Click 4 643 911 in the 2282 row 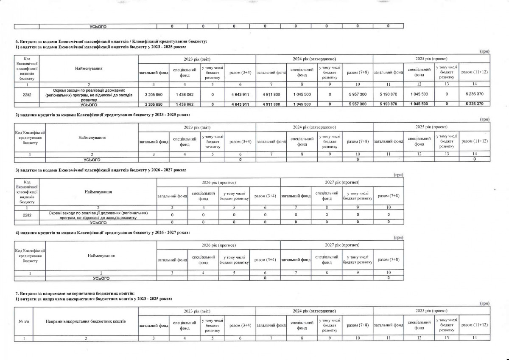(240, 93)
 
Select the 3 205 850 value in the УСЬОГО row (154, 104)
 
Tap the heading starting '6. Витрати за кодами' (111, 41)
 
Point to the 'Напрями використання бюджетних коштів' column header (86, 321)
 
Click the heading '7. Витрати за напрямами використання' (75, 293)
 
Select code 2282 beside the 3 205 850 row (27, 93)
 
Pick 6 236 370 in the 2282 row (475, 93)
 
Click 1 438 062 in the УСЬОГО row (184, 104)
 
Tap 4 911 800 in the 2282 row (271, 93)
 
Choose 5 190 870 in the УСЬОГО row (388, 104)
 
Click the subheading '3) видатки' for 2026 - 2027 (100, 170)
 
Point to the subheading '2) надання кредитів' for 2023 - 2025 (102, 115)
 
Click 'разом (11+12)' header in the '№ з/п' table (475, 325)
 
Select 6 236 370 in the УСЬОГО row (475, 104)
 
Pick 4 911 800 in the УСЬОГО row (271, 104)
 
